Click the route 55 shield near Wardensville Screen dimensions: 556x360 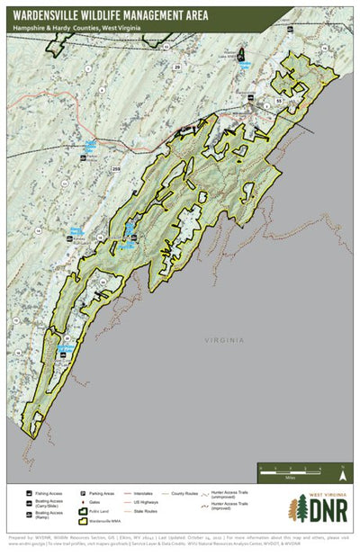(x=279, y=102)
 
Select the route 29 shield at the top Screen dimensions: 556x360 (x=176, y=67)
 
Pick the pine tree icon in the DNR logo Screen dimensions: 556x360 (x=297, y=510)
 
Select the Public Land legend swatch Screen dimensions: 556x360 (x=101, y=512)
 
